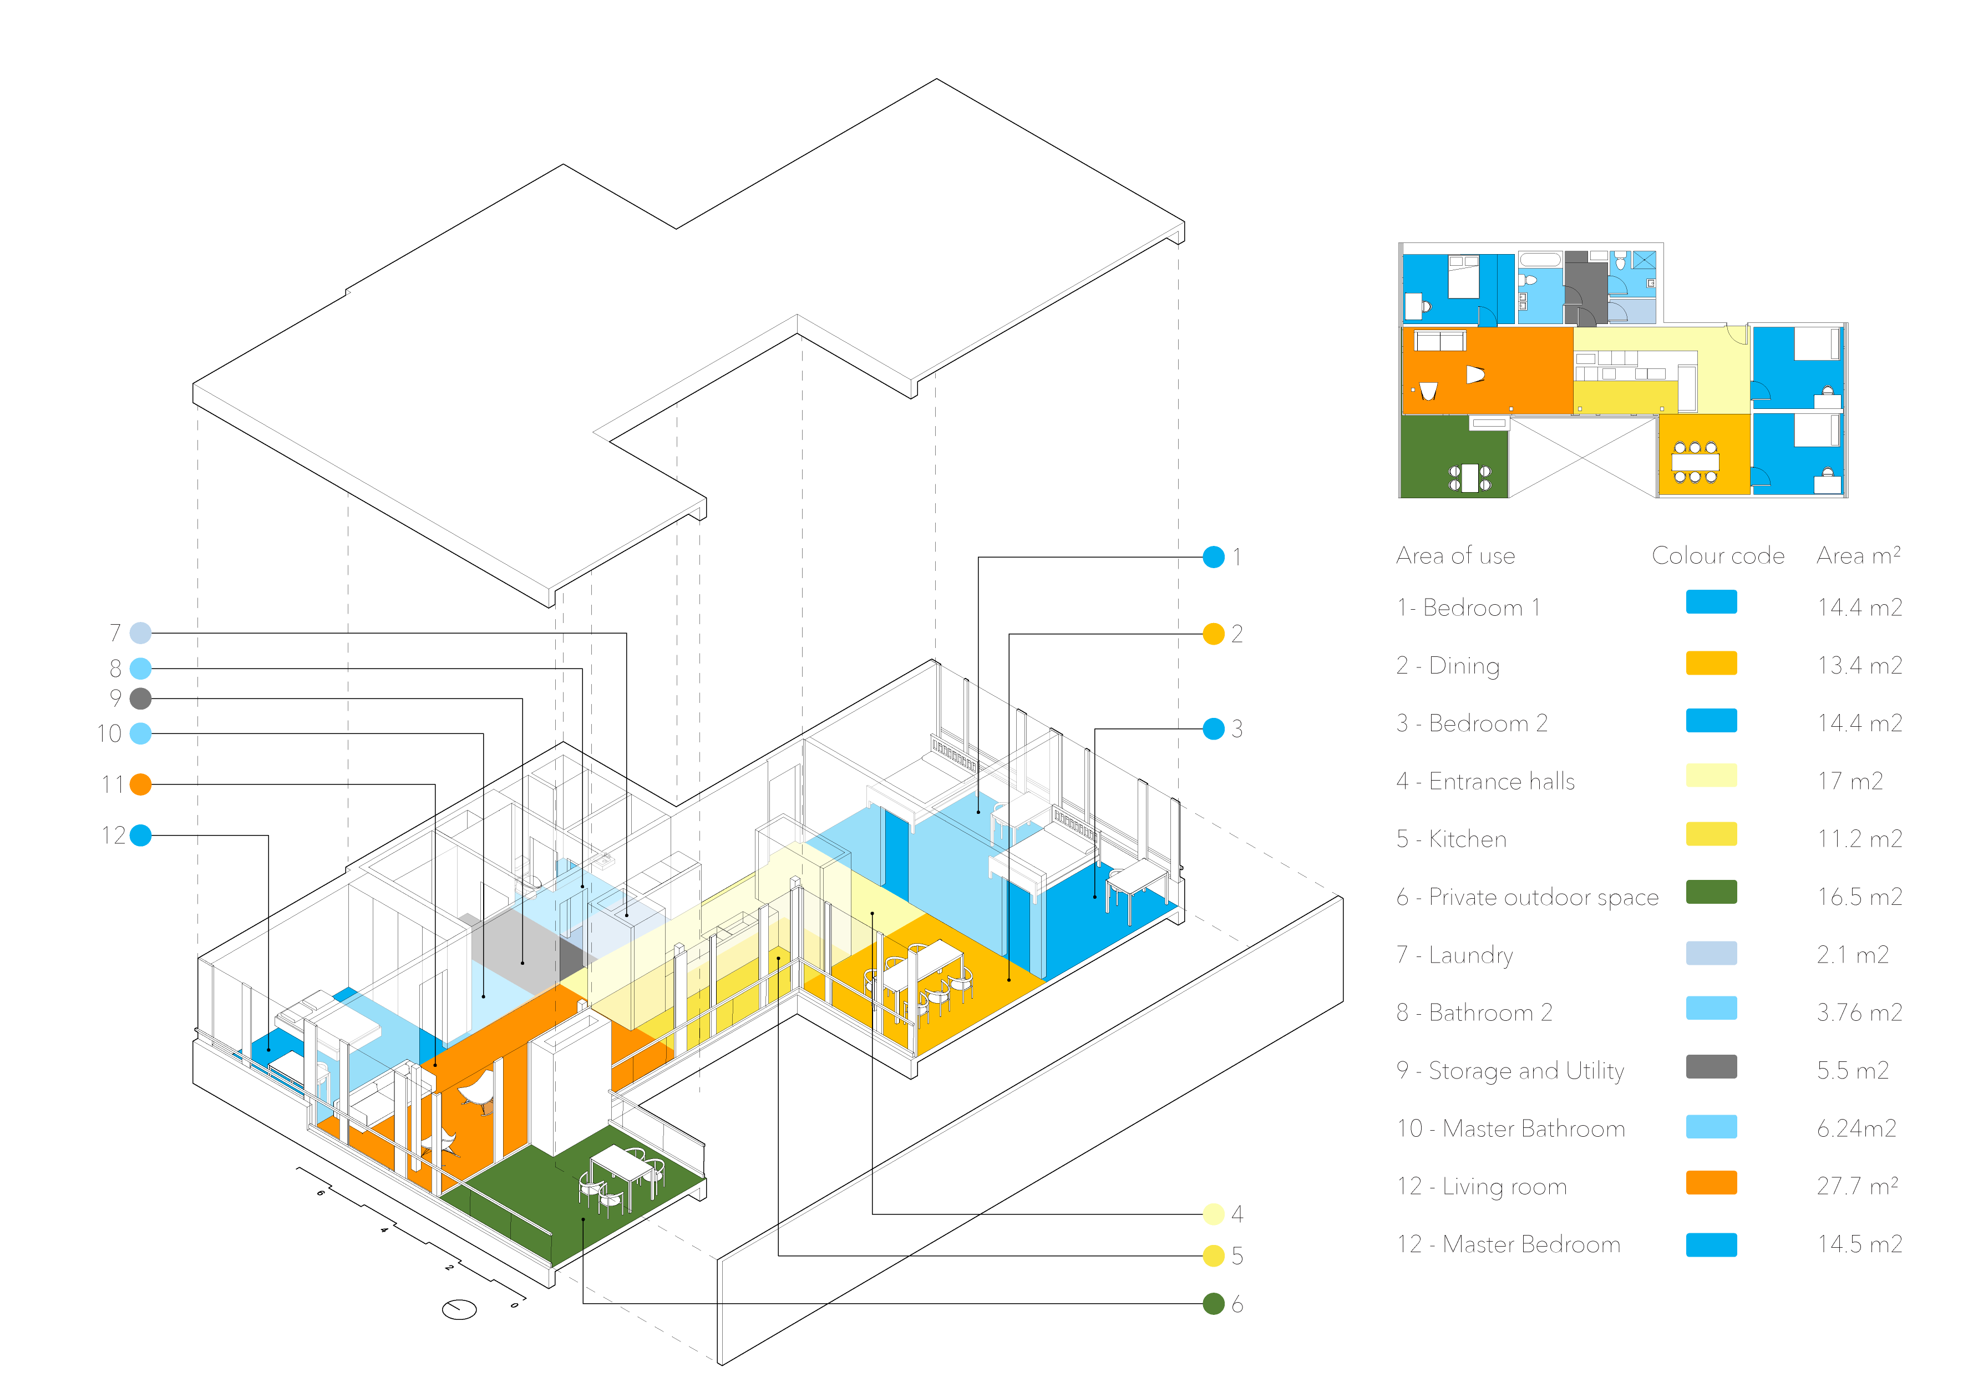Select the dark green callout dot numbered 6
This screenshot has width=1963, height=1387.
click(1213, 1303)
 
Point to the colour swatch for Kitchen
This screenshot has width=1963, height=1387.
click(1711, 834)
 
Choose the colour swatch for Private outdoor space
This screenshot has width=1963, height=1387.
click(1711, 892)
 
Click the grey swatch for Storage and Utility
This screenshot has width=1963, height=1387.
click(1711, 1066)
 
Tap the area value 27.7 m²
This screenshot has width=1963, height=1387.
click(1857, 1186)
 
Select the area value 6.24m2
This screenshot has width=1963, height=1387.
click(1856, 1129)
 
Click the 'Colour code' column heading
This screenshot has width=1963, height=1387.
click(1718, 556)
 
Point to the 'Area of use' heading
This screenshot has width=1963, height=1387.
click(1455, 556)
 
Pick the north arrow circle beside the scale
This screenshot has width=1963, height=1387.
click(459, 1308)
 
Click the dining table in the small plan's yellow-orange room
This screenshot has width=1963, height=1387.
click(1695, 462)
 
